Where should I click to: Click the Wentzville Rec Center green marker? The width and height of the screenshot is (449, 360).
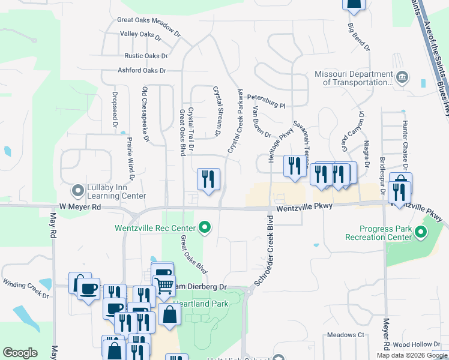205,227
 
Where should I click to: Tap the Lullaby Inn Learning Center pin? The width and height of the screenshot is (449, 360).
77,191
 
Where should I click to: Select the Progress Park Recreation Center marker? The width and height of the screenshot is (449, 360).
421,232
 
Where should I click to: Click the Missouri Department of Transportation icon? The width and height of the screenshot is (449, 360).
402,77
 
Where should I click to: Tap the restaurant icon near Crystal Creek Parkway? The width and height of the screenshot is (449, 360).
208,179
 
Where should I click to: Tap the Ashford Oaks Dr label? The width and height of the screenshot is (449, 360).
142,71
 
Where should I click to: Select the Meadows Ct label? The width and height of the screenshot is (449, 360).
345,335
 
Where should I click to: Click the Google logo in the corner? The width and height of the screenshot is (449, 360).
20,353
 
